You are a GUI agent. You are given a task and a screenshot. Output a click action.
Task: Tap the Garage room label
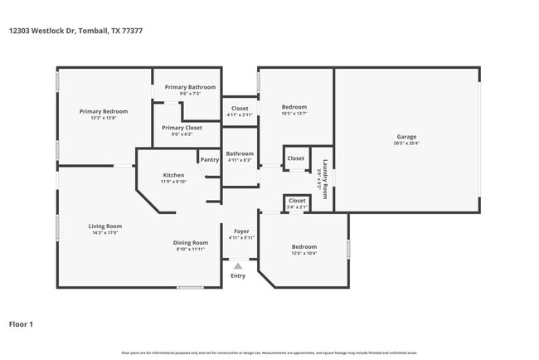(406, 137)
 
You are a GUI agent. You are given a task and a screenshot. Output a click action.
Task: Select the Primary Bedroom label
(104, 111)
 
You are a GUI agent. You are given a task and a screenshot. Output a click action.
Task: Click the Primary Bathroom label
(190, 87)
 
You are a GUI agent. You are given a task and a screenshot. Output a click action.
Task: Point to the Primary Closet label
(182, 128)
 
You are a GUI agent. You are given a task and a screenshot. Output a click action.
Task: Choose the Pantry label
(210, 159)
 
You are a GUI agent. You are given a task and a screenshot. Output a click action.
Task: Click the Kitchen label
(173, 175)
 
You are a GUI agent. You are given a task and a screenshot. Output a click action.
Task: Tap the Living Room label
(105, 226)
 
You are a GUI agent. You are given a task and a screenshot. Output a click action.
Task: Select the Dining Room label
(189, 242)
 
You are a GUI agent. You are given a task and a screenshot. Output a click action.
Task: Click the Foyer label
(240, 231)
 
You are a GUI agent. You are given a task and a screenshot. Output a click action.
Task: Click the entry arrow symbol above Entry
(238, 266)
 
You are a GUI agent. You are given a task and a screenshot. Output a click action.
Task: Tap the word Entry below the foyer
(238, 275)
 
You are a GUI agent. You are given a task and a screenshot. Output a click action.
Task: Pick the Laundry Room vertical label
(326, 176)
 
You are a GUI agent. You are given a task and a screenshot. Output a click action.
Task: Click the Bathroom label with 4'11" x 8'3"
(240, 153)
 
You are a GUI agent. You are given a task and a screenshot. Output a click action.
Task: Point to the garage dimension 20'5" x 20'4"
(406, 144)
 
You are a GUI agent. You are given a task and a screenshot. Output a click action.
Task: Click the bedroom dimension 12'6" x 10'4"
(303, 253)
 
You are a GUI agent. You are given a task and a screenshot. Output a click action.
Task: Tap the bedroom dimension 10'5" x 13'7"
(294, 114)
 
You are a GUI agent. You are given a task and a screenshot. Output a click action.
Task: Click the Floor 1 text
(21, 324)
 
